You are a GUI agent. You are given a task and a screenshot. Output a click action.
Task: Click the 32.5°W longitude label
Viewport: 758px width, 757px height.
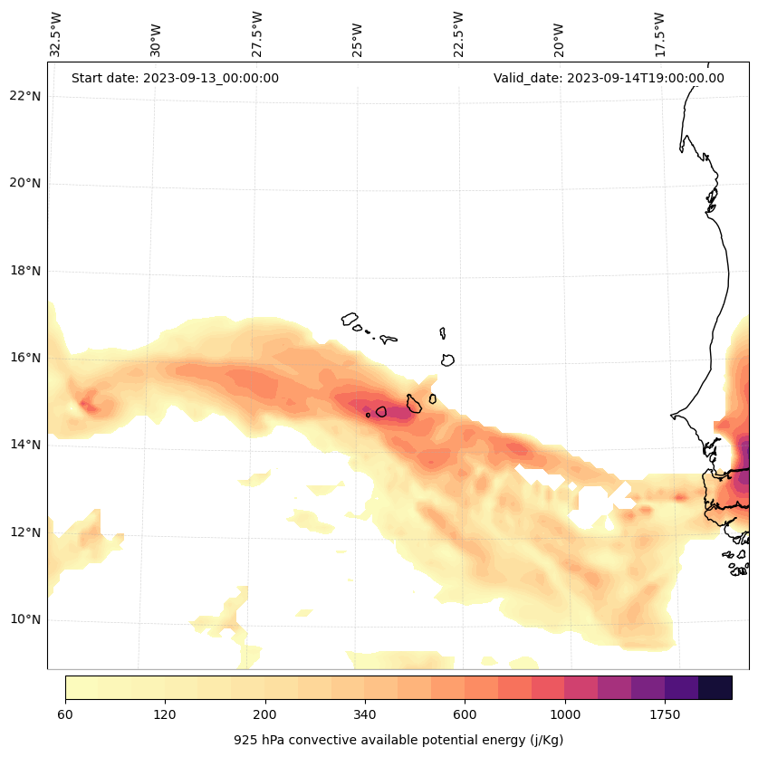point(56,34)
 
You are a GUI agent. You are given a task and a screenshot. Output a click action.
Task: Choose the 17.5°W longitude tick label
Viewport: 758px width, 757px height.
point(659,34)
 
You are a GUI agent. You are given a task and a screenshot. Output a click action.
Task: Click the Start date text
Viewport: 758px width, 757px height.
point(175,78)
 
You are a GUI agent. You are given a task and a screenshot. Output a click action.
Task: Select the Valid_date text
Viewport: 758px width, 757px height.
point(609,78)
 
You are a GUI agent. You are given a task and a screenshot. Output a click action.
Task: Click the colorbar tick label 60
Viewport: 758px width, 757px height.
point(65,715)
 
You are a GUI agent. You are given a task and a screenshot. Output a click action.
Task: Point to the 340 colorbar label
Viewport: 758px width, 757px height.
point(365,715)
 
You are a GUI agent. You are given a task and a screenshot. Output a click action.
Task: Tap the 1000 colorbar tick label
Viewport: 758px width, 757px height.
point(565,715)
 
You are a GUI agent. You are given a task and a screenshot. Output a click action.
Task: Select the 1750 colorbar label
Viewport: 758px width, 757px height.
point(665,715)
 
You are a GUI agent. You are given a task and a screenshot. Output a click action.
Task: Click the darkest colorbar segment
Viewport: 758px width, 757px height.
point(715,687)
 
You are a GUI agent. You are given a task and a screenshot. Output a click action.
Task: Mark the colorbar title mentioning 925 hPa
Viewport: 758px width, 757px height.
point(398,740)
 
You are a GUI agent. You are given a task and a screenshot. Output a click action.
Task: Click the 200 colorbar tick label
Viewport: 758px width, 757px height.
point(265,715)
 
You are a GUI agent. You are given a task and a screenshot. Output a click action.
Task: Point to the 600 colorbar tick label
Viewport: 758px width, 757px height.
point(465,715)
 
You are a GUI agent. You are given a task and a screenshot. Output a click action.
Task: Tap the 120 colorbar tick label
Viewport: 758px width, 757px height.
point(165,715)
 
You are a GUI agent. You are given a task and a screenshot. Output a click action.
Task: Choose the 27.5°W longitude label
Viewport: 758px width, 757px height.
point(257,34)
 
